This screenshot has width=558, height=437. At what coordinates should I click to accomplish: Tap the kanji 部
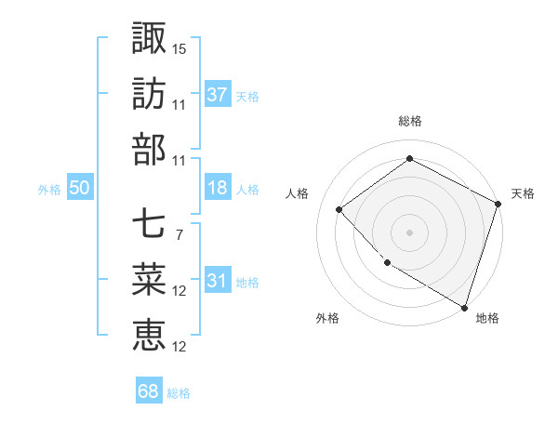pos(149,148)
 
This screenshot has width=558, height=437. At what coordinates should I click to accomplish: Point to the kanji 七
pos(149,223)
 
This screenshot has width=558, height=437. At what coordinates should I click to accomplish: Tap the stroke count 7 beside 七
pos(179,235)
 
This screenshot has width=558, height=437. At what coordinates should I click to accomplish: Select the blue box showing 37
pos(218,94)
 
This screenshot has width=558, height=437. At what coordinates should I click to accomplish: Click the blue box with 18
pos(218,188)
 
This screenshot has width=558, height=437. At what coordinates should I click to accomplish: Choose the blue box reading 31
pos(218,282)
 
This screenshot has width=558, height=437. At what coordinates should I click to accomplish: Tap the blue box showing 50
pos(79,188)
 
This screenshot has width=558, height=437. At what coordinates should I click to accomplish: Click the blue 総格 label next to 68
pos(179,393)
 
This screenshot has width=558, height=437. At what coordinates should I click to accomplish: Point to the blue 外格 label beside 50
pos(49,190)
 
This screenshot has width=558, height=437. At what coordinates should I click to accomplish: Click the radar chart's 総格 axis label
pos(409,121)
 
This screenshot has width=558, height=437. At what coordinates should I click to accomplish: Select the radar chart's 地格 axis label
pos(487,318)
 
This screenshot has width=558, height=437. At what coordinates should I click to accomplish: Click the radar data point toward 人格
pos(339,209)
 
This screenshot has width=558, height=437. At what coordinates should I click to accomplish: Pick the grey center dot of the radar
pos(409,232)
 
